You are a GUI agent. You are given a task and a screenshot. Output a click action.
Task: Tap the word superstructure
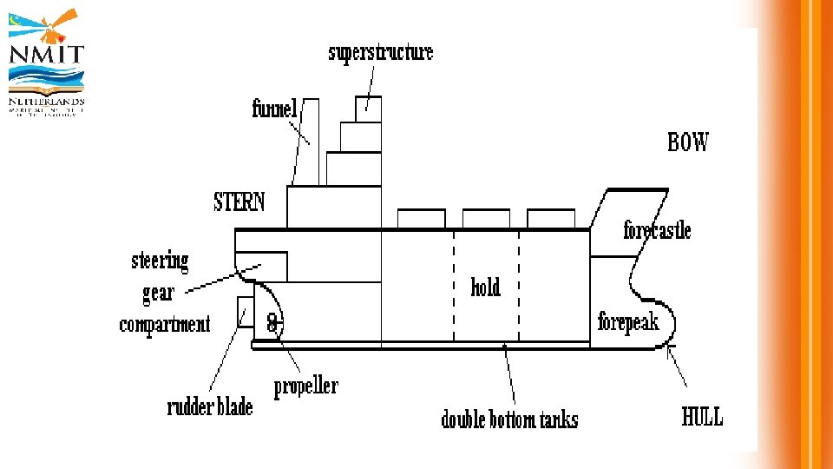pos(380,52)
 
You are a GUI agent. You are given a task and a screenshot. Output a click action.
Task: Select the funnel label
pos(274,109)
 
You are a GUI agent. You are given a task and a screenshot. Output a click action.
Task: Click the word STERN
pos(239,202)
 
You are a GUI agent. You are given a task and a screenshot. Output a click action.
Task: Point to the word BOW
pos(688,142)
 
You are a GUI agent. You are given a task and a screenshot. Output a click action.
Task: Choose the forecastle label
pos(657,230)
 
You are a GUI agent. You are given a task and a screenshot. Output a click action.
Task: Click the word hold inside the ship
pos(486,287)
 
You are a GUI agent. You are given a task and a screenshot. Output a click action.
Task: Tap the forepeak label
pos(628,322)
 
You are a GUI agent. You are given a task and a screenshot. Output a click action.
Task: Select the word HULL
pos(702,417)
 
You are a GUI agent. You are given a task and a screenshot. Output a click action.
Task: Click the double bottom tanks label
pos(509,419)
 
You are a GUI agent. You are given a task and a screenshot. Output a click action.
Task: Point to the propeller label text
pos(306,386)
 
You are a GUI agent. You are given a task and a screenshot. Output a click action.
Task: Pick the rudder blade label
pos(210,407)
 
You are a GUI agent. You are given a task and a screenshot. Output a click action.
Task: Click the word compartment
pos(165,325)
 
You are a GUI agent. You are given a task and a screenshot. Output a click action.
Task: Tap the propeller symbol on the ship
pos(272,323)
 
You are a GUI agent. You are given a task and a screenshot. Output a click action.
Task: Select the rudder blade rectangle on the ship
pos(246,312)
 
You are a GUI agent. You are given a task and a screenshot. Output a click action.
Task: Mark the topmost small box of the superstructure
pos(368,108)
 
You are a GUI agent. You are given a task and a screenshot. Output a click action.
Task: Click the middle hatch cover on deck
pos(486,218)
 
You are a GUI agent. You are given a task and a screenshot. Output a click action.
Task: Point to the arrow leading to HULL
pos(678,367)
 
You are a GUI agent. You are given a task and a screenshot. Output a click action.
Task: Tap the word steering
pos(160,261)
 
